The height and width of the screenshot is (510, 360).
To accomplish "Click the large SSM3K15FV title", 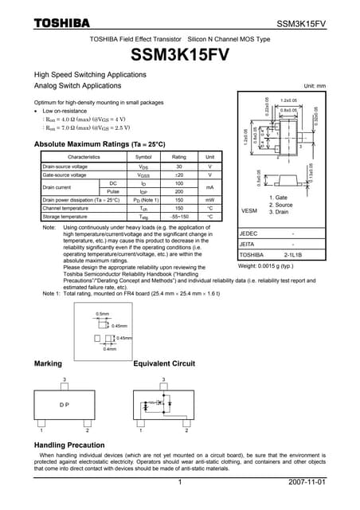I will [179, 56].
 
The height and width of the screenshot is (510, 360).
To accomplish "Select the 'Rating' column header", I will [179, 157].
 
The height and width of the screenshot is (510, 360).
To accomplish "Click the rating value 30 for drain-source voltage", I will [179, 167].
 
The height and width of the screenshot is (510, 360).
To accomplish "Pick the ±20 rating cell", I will [179, 175].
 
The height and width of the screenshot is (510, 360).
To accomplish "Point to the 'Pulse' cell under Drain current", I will [112, 192].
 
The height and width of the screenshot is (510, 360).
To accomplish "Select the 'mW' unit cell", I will [209, 200].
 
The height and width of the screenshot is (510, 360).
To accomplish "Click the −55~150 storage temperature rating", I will [179, 217].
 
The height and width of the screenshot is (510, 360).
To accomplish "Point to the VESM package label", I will [249, 210].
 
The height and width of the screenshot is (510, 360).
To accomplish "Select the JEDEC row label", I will [248, 233].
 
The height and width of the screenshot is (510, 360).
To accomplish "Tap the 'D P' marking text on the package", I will [65, 404].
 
